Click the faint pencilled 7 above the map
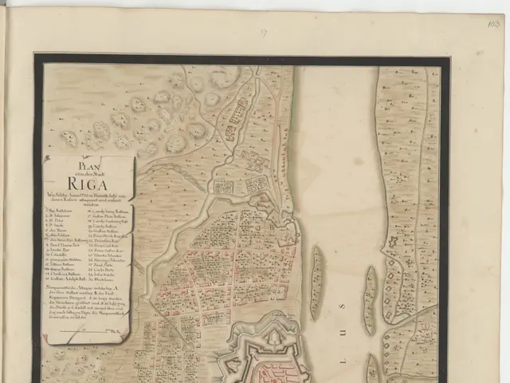tap(263, 34)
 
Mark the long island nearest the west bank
tap(316, 282)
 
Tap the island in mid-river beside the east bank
tap(369, 300)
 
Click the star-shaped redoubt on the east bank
tap(394, 243)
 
